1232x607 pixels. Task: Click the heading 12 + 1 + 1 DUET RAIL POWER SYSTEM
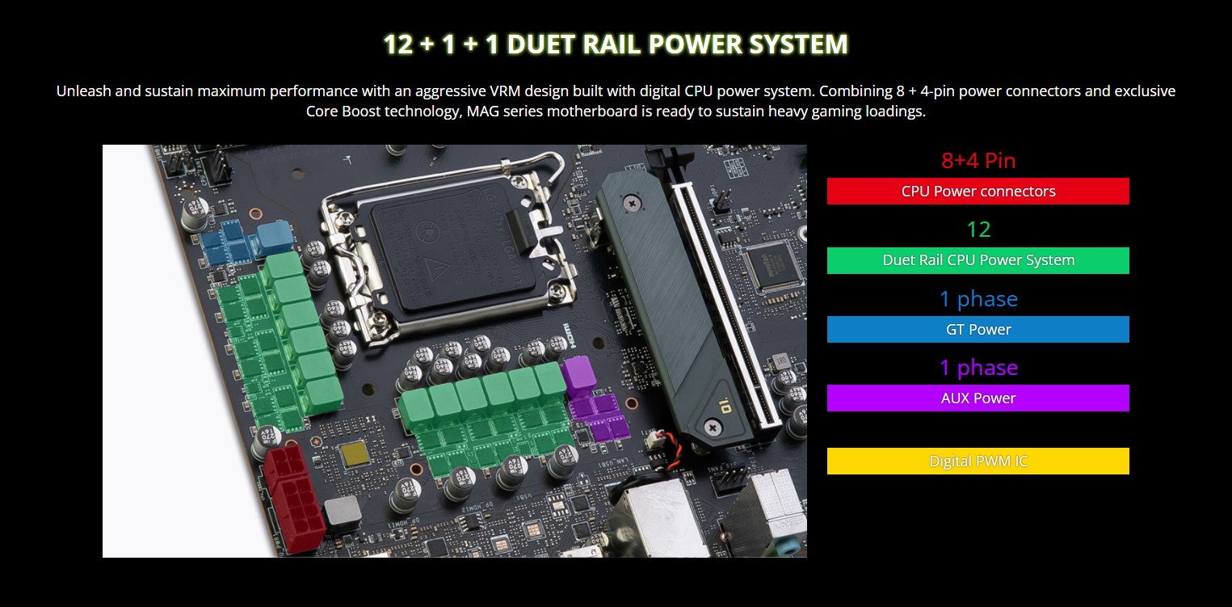616,44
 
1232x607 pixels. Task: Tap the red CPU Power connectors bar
978,192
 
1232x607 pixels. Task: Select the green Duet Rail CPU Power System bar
978,260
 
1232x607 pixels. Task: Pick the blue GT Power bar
978,329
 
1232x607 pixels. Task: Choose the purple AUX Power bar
978,398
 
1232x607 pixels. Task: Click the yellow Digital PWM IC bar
978,461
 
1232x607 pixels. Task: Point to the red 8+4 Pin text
978,160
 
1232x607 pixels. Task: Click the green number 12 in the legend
978,230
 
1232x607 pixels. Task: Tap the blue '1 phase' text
978,299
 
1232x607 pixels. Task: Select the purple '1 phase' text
978,368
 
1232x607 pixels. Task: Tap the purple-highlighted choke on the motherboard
578,373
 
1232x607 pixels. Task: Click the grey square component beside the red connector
342,512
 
